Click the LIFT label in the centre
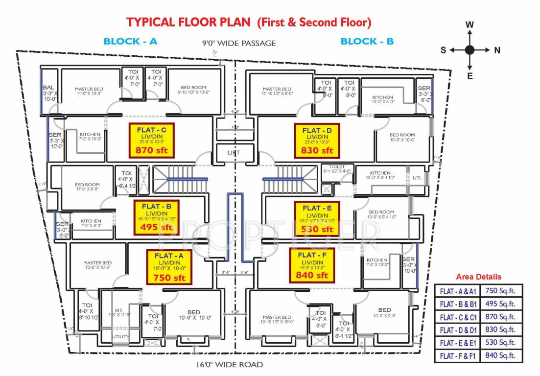234,153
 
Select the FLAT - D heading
317,130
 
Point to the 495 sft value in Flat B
156,227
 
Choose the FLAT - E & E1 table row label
457,343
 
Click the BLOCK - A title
130,42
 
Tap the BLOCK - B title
367,42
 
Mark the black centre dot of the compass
470,49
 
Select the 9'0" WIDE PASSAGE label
239,43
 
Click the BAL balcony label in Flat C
48,88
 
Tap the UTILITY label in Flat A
120,337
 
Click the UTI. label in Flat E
417,178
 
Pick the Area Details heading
478,277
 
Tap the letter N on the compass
497,50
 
